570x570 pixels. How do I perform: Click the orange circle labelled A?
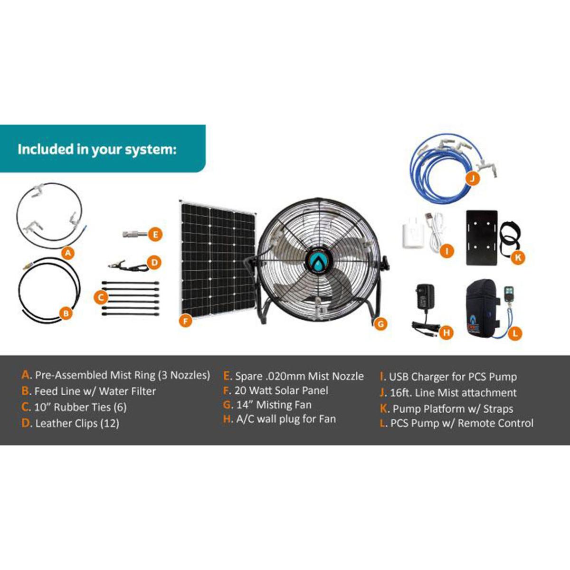69,253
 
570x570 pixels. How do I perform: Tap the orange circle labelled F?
186,321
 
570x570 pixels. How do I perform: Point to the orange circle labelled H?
446,333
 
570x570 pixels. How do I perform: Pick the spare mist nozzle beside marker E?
134,234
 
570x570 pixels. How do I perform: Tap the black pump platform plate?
482,237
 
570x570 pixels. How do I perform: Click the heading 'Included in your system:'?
97,149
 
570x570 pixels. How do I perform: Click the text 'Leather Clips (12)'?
77,423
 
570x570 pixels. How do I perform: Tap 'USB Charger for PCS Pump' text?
453,377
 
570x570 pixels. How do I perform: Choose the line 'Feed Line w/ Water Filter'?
95,391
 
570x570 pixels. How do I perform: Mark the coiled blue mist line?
444,164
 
